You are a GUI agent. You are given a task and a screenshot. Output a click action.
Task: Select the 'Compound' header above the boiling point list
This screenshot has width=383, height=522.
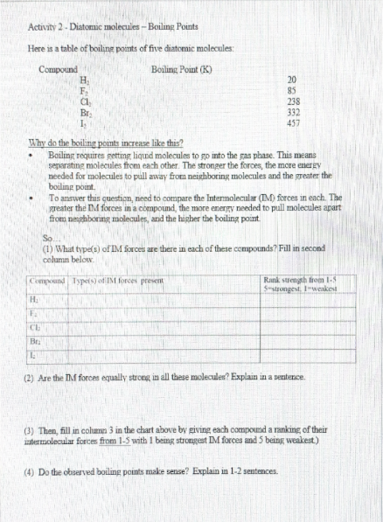(x=59, y=68)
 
